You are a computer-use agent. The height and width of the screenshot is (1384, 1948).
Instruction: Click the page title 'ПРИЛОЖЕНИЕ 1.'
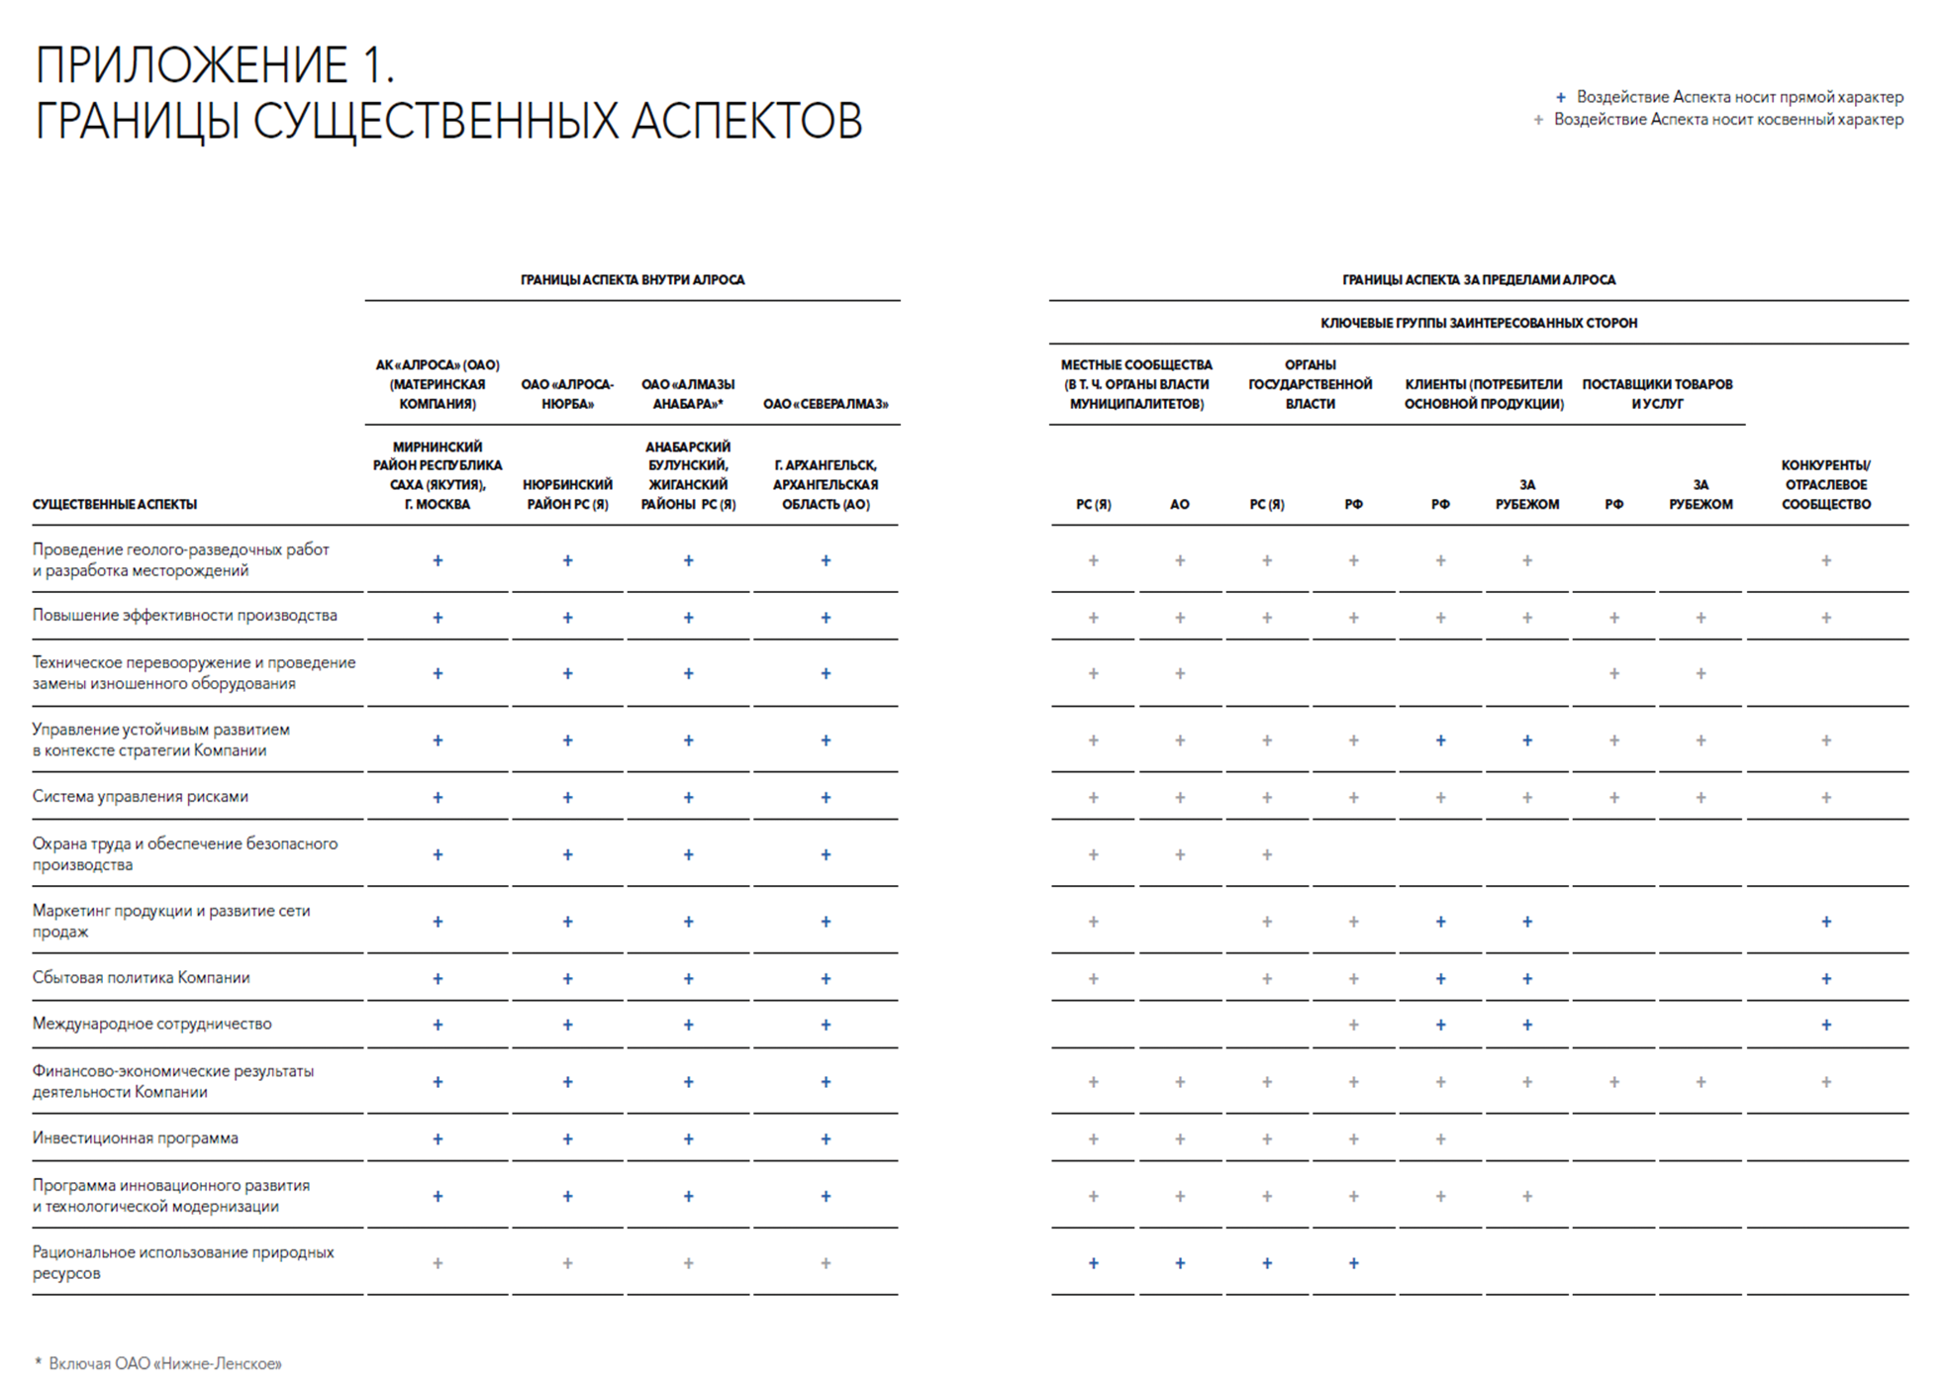[215, 65]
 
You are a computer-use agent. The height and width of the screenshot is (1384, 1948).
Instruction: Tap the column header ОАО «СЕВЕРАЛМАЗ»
[826, 404]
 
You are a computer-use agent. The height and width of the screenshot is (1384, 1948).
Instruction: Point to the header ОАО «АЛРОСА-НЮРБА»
[567, 394]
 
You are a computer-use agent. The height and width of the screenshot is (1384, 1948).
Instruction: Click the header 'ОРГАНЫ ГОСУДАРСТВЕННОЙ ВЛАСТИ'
[1310, 384]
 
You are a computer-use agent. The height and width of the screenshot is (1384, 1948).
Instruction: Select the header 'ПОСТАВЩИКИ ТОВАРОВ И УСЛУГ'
[1657, 394]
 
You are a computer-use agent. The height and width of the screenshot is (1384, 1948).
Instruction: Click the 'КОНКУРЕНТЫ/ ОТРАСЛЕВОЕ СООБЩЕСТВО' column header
[1825, 484]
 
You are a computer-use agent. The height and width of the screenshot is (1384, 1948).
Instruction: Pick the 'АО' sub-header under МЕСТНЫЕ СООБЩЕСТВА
[1179, 505]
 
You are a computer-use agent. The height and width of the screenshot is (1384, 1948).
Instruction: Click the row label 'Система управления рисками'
[141, 797]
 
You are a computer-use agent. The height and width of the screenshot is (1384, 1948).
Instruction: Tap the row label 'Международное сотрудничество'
[151, 1024]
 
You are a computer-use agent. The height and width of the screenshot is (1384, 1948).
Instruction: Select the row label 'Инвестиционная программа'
[136, 1138]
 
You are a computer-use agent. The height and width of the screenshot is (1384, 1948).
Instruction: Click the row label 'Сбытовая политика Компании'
[142, 978]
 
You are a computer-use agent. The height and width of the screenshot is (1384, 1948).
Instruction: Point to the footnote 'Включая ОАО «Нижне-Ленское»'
[164, 1364]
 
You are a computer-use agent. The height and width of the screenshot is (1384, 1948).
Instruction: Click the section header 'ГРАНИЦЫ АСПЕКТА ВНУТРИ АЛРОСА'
[633, 280]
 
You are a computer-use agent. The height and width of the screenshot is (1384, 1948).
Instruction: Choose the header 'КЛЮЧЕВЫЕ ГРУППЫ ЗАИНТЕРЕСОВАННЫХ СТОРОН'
[1479, 323]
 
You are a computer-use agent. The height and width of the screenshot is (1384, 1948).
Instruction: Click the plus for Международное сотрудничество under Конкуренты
[1826, 1025]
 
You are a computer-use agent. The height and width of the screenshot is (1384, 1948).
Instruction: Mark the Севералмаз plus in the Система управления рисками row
[826, 798]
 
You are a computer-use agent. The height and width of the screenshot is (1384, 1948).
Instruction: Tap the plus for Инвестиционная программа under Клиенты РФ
[1440, 1139]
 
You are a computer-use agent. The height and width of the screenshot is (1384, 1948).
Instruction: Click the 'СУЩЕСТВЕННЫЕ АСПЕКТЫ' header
[115, 505]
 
